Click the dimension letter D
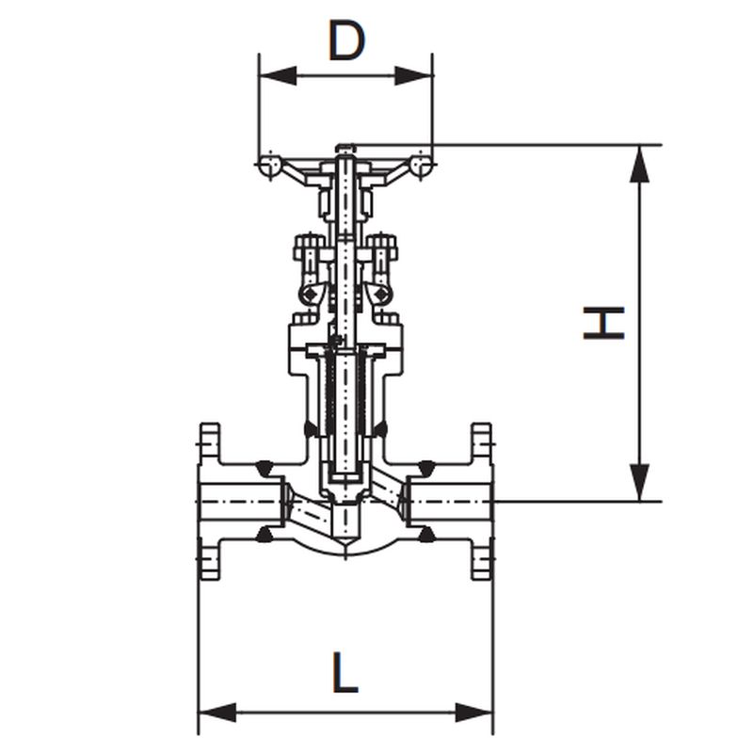pyautogui.click(x=346, y=40)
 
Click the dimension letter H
pyautogui.click(x=603, y=323)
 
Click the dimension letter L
pyautogui.click(x=345, y=672)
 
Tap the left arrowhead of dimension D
pyautogui.click(x=278, y=76)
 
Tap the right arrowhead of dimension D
pyautogui.click(x=414, y=76)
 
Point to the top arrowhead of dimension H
pyautogui.click(x=639, y=164)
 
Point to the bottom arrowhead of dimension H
pyautogui.click(x=639, y=483)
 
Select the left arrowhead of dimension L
pyautogui.click(x=217, y=713)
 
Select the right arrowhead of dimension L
pyautogui.click(x=474, y=713)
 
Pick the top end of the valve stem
pyautogui.click(x=345, y=147)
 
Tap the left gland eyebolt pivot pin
pyautogui.click(x=310, y=294)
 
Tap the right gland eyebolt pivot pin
pyautogui.click(x=382, y=294)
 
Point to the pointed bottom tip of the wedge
pyautogui.click(x=345, y=545)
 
